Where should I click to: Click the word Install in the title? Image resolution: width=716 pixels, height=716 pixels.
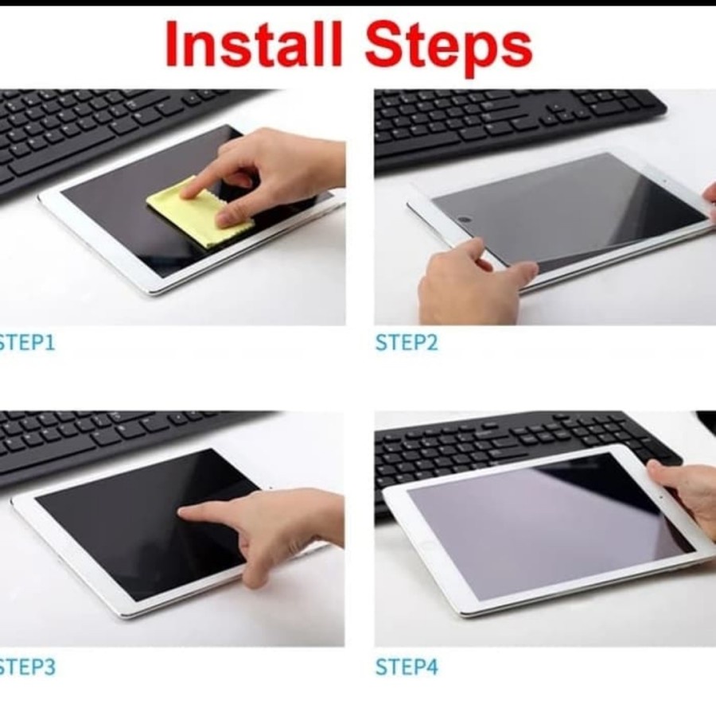[254, 45]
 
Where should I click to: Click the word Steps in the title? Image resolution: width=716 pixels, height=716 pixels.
[449, 48]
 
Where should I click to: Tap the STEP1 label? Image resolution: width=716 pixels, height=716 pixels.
[27, 342]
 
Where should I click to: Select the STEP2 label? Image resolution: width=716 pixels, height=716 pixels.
[407, 342]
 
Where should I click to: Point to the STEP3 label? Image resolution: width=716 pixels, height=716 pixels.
[27, 667]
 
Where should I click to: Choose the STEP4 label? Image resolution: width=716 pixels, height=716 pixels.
[407, 667]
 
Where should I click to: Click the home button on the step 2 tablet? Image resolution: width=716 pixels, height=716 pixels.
[465, 220]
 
